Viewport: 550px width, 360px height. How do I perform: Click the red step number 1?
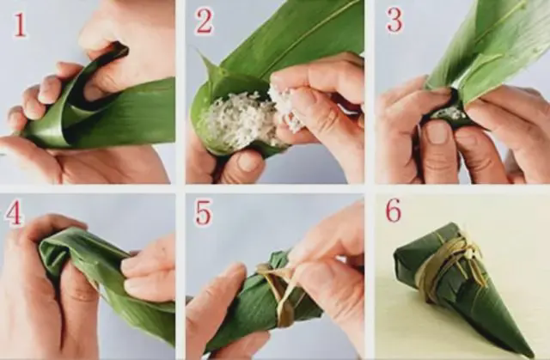pos(20,25)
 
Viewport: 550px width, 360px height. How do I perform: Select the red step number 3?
pos(394,21)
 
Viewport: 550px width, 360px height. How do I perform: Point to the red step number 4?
pos(14,213)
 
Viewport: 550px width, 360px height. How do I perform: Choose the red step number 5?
pos(204,213)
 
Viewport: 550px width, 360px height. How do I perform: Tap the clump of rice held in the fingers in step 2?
pos(284,107)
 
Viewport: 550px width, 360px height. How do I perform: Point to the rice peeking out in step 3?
pos(450,113)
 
